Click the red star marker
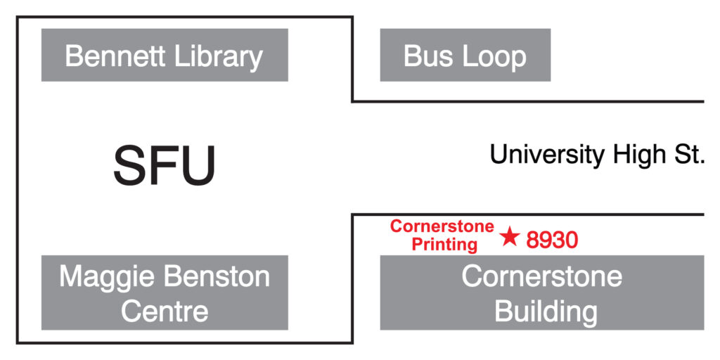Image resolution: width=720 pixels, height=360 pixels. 510,238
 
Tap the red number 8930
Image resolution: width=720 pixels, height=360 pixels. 552,240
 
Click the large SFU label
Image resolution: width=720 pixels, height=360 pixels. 164,166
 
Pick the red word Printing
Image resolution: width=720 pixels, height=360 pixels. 445,245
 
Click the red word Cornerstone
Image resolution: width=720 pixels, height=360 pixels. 442,226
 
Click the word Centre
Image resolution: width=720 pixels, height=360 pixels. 165,311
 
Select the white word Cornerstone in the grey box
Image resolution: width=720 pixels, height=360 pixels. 541,276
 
